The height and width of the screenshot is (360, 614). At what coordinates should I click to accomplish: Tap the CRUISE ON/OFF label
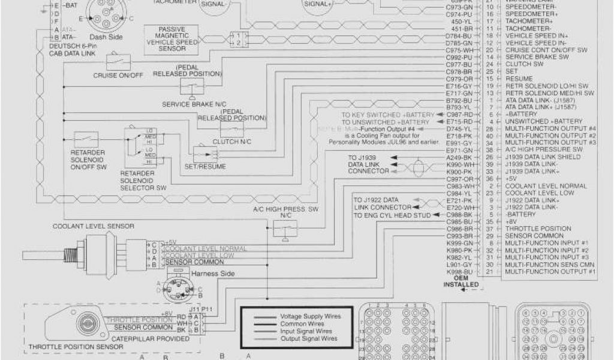[118, 76]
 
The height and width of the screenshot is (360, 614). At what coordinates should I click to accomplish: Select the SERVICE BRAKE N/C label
[191, 104]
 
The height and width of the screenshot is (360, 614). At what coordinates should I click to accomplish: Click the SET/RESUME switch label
[205, 166]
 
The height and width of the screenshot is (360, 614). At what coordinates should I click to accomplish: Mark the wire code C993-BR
[460, 236]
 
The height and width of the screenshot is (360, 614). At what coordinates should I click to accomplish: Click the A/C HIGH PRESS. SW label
[288, 209]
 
